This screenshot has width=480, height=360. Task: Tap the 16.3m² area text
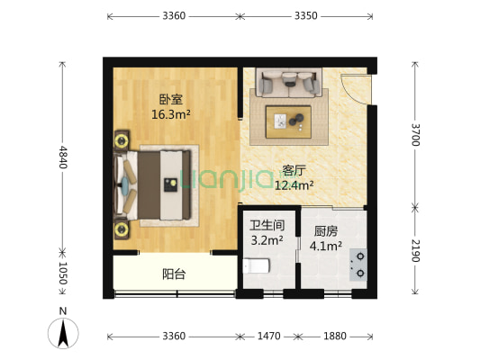(x=170, y=114)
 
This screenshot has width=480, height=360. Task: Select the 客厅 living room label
(x=294, y=170)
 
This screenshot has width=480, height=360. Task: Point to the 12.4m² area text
(x=294, y=185)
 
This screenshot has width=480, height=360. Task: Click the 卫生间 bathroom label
(x=267, y=226)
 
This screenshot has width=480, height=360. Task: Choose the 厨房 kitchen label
(x=326, y=229)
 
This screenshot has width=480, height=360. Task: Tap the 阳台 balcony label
(x=174, y=274)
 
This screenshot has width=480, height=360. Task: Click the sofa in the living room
(x=289, y=84)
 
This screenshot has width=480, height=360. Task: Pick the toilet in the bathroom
(x=257, y=266)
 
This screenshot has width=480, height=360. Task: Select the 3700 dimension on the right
(x=415, y=134)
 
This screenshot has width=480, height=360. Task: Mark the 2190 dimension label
(x=415, y=251)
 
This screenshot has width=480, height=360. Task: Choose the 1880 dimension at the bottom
(x=334, y=336)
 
